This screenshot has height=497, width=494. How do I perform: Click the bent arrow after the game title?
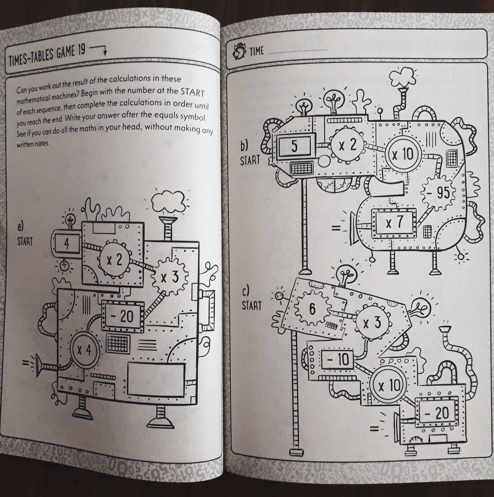(99, 50)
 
